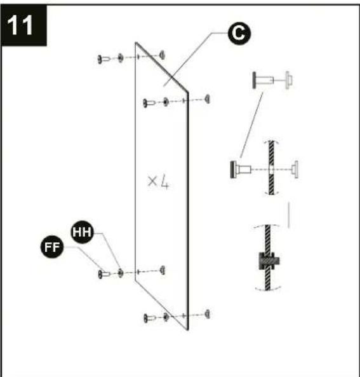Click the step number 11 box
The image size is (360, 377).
[x=23, y=25]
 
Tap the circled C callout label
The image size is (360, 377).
[x=239, y=33]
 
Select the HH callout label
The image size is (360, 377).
[x=82, y=232]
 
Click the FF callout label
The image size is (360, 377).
[x=52, y=247]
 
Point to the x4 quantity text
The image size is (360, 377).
[x=158, y=182]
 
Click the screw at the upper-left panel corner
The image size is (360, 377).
[x=103, y=59]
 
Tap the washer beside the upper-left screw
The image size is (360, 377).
[x=121, y=58]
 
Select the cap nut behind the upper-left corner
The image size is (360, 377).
[x=163, y=55]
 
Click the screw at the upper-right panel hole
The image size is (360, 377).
[x=149, y=103]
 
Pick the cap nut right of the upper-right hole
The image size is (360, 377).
[x=208, y=99]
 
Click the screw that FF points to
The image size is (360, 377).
[x=104, y=274]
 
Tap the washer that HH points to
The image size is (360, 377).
[x=121, y=273]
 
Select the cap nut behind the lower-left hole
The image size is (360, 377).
[x=163, y=270]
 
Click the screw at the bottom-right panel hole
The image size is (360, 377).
[x=150, y=318]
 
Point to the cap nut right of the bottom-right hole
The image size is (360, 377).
[x=208, y=314]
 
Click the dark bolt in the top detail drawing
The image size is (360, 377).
[x=263, y=80]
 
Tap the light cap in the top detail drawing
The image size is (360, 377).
[x=288, y=80]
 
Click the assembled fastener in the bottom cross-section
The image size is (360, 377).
[x=269, y=261]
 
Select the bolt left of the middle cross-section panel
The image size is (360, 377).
[x=241, y=170]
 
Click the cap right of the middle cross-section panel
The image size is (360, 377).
[x=295, y=170]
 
